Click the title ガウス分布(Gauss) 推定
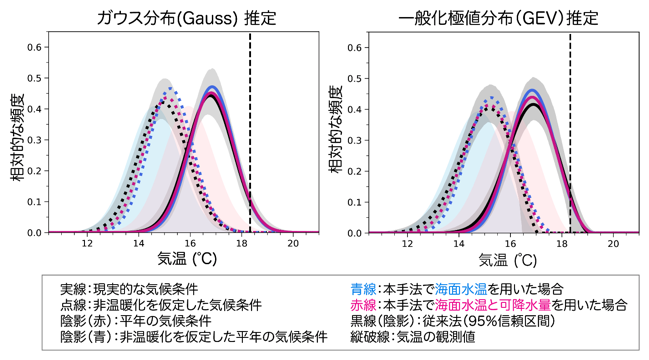pos(186,18)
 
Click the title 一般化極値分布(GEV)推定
pos(498,18)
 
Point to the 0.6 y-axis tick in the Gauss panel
pos(35,47)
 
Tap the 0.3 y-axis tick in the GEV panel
pos(355,140)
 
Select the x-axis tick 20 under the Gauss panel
pos(293,243)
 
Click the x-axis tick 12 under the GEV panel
pos(407,244)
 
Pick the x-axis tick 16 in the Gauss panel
pos(190,243)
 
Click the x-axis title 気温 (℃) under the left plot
pos(187,259)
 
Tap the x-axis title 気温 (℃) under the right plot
pos(508,260)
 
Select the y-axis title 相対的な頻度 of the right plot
pos(337,129)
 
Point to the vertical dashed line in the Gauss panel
pos(250,132)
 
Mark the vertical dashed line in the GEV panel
pos(570,133)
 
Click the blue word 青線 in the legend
pos(363,289)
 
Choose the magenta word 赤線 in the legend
pos(363,305)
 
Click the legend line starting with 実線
pos(129,289)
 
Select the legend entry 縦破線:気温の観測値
pos(413,337)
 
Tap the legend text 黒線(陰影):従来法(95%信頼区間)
pos(452,321)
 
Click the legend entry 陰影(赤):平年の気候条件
pos(136,321)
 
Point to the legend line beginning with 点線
pos(161,305)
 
